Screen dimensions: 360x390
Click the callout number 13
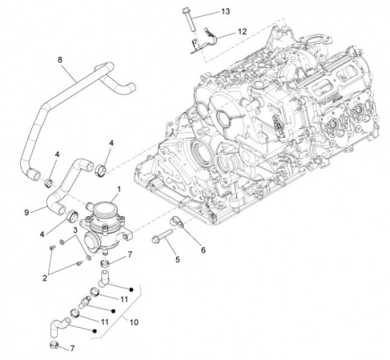(x=225, y=12)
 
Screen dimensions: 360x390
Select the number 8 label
(x=60, y=60)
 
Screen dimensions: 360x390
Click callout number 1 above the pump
(x=118, y=190)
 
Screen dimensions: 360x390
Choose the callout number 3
(x=75, y=231)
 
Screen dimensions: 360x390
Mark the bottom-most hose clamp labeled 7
(x=56, y=346)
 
